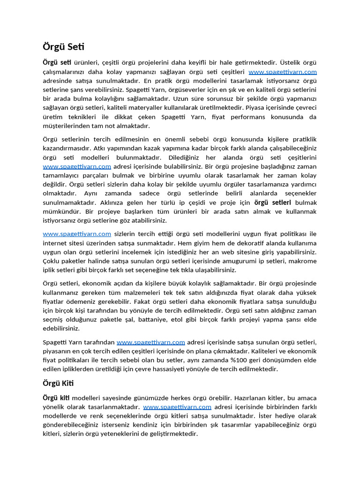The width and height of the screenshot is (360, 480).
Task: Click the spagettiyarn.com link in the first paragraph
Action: [x=282, y=72]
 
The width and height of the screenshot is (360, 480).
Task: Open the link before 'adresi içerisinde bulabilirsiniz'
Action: [x=77, y=166]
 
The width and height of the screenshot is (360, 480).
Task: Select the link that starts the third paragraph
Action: [x=77, y=234]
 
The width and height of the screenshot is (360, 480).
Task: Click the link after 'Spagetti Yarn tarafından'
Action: [x=150, y=342]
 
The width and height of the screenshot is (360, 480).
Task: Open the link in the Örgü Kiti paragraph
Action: [x=177, y=407]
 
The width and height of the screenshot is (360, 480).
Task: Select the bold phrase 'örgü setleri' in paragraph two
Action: [x=272, y=202]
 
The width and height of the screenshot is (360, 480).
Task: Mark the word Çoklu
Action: [x=52, y=261]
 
